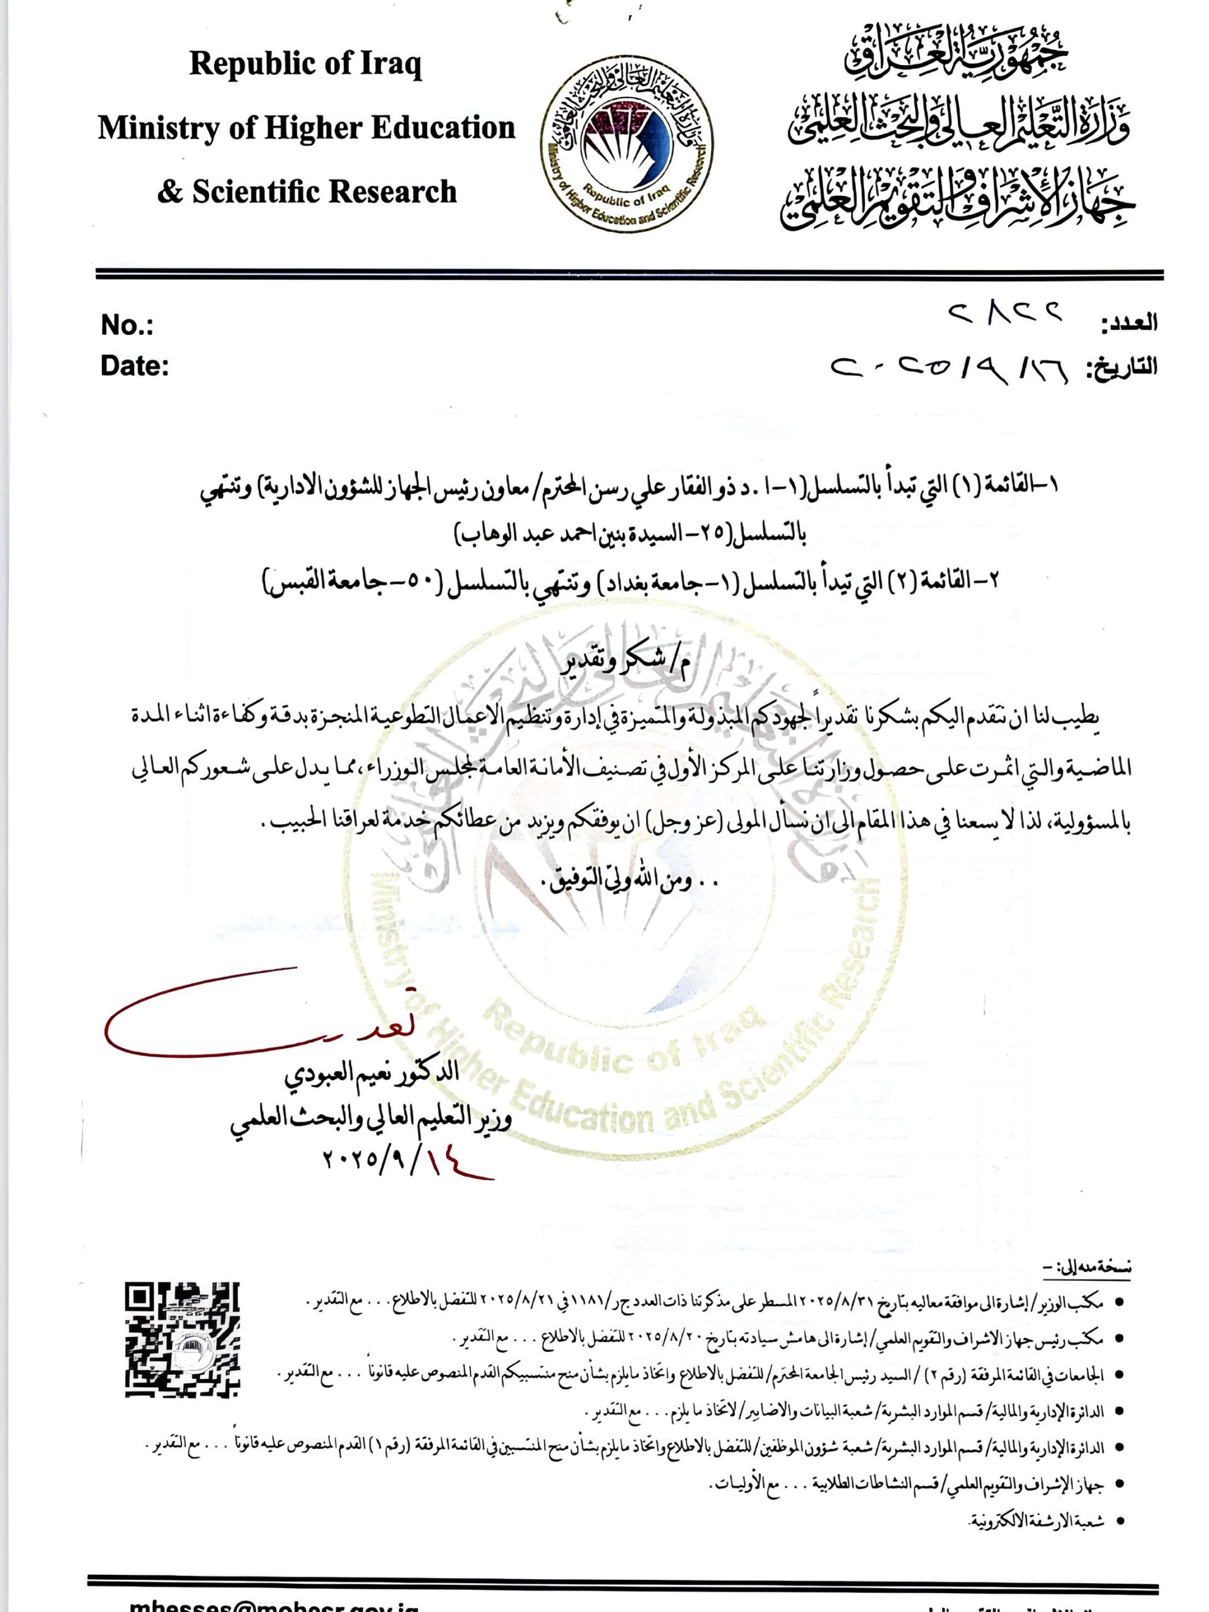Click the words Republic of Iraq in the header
305,64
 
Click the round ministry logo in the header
627,144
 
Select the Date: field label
135,366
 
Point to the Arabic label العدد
1129,323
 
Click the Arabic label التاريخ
1122,366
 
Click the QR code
182,1339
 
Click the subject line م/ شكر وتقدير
628,663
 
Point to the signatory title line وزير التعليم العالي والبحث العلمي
371,1118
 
